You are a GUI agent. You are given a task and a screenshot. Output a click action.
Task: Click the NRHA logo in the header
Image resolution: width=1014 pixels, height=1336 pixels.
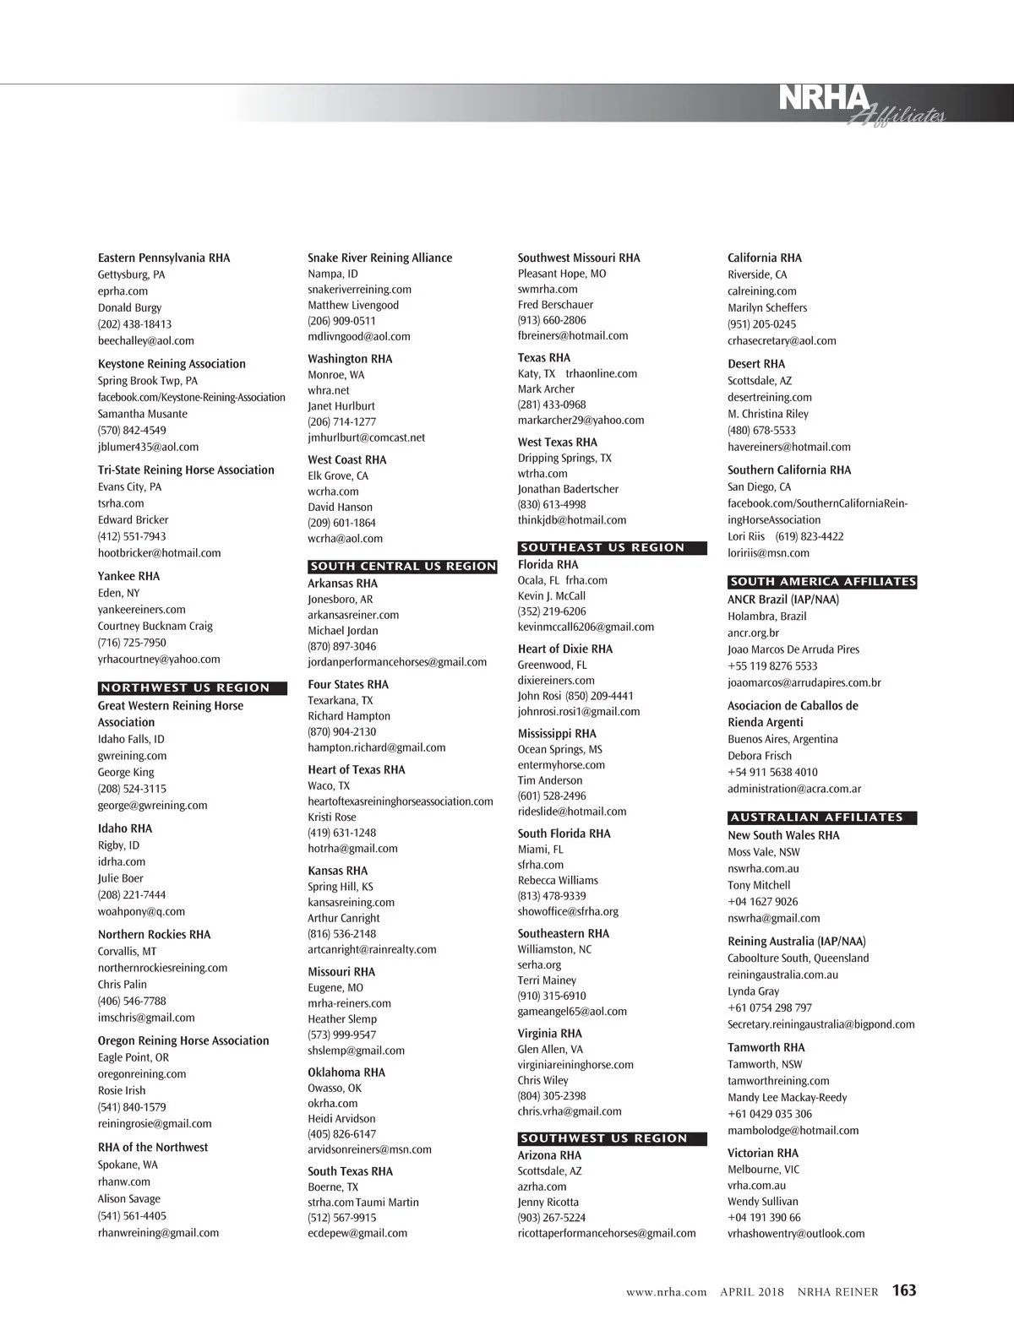pos(824,100)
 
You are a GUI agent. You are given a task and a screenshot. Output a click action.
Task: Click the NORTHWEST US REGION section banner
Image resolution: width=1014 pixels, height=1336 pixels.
pos(193,688)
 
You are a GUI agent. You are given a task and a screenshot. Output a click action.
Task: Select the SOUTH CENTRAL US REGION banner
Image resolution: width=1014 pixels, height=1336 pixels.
pos(403,567)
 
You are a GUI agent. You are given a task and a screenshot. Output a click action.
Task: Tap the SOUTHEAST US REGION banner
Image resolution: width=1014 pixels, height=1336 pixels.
pos(612,548)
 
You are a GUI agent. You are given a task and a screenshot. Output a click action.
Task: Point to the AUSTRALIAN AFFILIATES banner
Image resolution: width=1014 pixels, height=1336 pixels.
pos(821,817)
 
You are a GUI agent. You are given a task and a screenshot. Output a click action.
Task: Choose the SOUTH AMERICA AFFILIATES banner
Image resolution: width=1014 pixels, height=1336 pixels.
pos(821,582)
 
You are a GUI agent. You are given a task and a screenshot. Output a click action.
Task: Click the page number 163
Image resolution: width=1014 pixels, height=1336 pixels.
pos(903,1290)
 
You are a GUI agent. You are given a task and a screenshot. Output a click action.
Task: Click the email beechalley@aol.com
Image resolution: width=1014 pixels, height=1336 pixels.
pos(145,341)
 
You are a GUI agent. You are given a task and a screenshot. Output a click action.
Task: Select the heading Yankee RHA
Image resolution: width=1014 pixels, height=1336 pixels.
pos(128,576)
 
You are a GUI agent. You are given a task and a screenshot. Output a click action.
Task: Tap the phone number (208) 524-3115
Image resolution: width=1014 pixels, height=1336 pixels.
pos(132,789)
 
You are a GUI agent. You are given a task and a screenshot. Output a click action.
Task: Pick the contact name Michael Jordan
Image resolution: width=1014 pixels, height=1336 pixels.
pos(342,631)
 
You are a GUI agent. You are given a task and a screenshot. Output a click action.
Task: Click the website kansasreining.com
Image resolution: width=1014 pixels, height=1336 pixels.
pos(351,902)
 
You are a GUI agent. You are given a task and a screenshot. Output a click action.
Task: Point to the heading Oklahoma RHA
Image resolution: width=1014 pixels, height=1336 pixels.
pos(346,1073)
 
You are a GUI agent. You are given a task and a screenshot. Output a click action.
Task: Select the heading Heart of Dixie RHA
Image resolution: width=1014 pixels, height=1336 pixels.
pos(564,649)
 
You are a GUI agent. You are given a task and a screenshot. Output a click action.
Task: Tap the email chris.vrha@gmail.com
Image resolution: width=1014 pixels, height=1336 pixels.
pos(569,1111)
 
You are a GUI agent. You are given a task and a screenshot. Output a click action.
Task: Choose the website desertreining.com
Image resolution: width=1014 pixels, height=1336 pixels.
pos(769,397)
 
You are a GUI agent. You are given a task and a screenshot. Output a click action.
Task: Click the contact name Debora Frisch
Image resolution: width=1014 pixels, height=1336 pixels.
pos(759,756)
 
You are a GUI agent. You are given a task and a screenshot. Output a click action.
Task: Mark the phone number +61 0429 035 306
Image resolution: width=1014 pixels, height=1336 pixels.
pos(769,1114)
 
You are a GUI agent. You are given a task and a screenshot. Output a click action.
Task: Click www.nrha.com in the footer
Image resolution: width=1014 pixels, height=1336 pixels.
pos(666,1292)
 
